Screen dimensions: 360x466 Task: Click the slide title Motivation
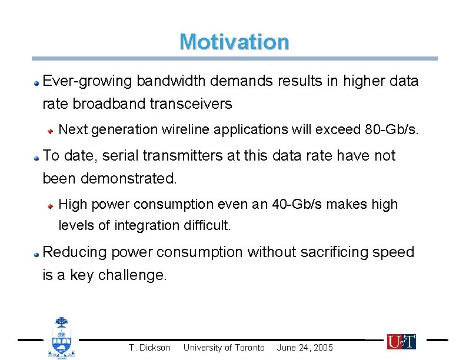click(234, 42)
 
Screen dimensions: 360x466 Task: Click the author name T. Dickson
click(149, 348)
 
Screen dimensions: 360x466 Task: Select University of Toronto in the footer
click(224, 348)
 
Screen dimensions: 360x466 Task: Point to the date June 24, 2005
click(305, 348)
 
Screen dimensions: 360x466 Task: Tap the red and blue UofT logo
click(401, 341)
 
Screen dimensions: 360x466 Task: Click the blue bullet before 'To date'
click(36, 157)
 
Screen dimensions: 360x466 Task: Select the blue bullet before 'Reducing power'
click(36, 254)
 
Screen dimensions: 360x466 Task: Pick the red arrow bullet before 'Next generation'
click(52, 130)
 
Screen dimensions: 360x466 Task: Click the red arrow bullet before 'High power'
click(52, 205)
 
